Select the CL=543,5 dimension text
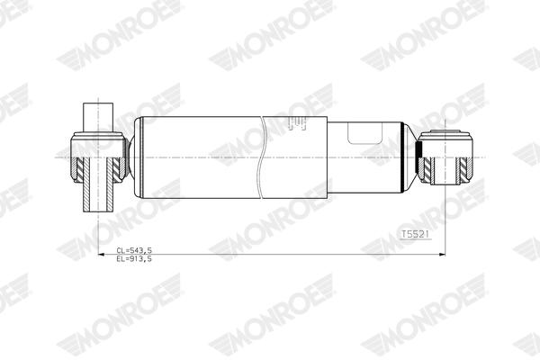[x=135, y=249]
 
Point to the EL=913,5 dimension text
[x=135, y=258]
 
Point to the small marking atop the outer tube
[x=298, y=125]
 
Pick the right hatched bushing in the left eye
[x=115, y=167]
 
